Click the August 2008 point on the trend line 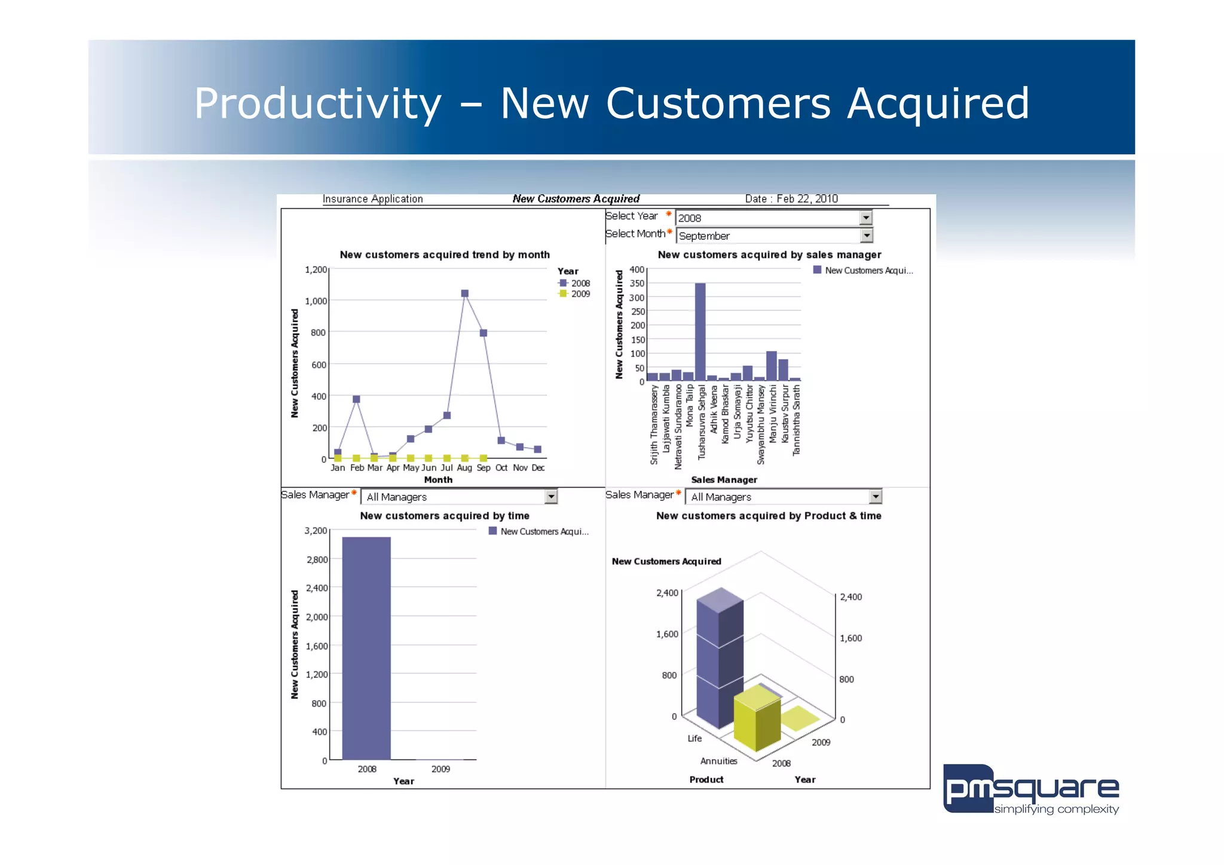pyautogui.click(x=464, y=294)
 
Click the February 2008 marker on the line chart pyautogui.click(x=356, y=399)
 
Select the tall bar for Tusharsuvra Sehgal pyautogui.click(x=700, y=332)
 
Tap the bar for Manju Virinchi pyautogui.click(x=771, y=366)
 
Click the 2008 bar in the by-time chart pyautogui.click(x=366, y=648)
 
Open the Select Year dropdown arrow pyautogui.click(x=865, y=218)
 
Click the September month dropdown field pyautogui.click(x=767, y=236)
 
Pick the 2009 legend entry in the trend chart pyautogui.click(x=575, y=294)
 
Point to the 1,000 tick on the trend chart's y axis pyautogui.click(x=316, y=301)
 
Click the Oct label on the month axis pyautogui.click(x=501, y=467)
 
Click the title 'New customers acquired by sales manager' pyautogui.click(x=769, y=255)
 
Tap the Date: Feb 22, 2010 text pyautogui.click(x=791, y=199)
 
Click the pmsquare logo pyautogui.click(x=1030, y=789)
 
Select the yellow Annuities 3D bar pyautogui.click(x=757, y=720)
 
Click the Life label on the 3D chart pyautogui.click(x=694, y=739)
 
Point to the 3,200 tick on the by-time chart pyautogui.click(x=316, y=531)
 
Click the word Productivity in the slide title pyautogui.click(x=317, y=104)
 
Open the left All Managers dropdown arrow pyautogui.click(x=550, y=497)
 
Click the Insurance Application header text pyautogui.click(x=372, y=199)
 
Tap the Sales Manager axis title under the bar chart pyautogui.click(x=724, y=480)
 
